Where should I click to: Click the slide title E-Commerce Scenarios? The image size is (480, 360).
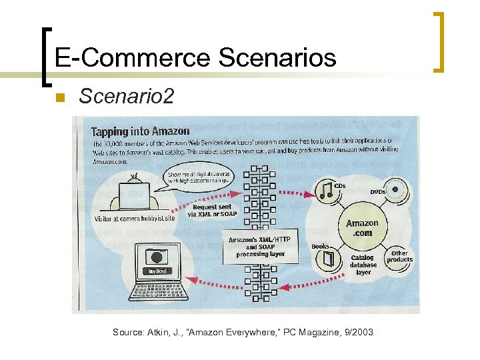click(x=195, y=58)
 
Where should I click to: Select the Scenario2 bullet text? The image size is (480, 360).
click(x=126, y=97)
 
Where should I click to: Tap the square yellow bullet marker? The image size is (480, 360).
click(x=59, y=99)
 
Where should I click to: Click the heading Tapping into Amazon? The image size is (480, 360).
click(x=140, y=131)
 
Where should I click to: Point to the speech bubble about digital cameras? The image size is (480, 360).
click(x=199, y=177)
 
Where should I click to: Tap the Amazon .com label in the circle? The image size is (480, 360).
click(x=362, y=228)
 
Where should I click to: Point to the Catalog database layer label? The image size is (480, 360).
click(x=363, y=265)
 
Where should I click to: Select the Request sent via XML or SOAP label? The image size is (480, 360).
click(x=211, y=211)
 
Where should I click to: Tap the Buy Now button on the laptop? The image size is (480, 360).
click(x=158, y=271)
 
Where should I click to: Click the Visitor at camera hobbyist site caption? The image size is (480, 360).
click(x=144, y=218)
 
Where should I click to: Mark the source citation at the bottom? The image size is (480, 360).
click(x=243, y=331)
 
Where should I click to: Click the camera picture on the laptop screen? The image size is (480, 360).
click(x=158, y=257)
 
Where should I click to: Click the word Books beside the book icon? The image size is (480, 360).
click(x=320, y=247)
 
